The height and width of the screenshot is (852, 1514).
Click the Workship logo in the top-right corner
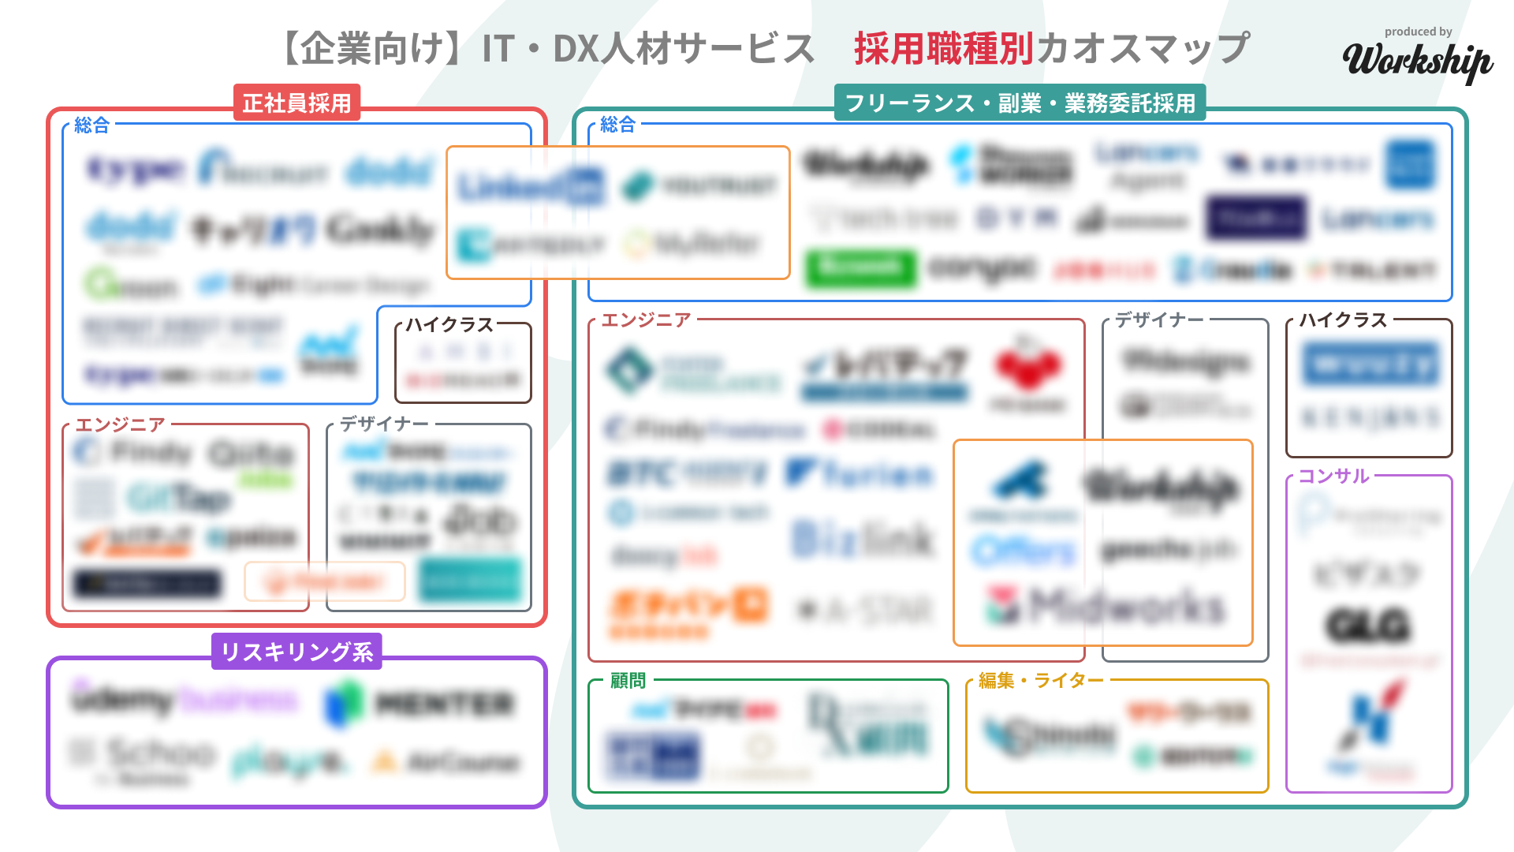(x=1417, y=62)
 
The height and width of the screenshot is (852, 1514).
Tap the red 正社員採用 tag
(x=296, y=103)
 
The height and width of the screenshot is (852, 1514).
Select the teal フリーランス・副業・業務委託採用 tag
(x=1020, y=103)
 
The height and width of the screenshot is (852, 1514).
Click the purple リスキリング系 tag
(x=296, y=652)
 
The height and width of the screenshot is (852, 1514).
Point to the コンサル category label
(x=1333, y=476)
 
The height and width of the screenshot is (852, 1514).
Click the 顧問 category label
(x=628, y=680)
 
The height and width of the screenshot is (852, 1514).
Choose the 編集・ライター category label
(x=1041, y=680)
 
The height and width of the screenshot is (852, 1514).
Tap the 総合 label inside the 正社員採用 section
(x=91, y=125)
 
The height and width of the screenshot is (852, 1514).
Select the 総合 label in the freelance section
(x=617, y=124)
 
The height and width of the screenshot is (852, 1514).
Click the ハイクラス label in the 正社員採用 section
(x=449, y=324)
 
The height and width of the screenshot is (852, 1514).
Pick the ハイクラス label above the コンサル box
(x=1343, y=319)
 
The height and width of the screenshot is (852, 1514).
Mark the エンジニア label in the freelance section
(x=646, y=319)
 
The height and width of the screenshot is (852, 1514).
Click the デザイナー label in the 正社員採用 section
(x=384, y=424)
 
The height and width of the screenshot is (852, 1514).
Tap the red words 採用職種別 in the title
(x=944, y=49)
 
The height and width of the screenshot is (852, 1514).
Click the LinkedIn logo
(x=531, y=187)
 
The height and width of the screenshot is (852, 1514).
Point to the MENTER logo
(x=419, y=703)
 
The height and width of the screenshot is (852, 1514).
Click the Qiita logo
(x=251, y=454)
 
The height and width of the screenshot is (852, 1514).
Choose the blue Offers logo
(x=1024, y=551)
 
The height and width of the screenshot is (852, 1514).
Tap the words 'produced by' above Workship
(x=1418, y=32)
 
